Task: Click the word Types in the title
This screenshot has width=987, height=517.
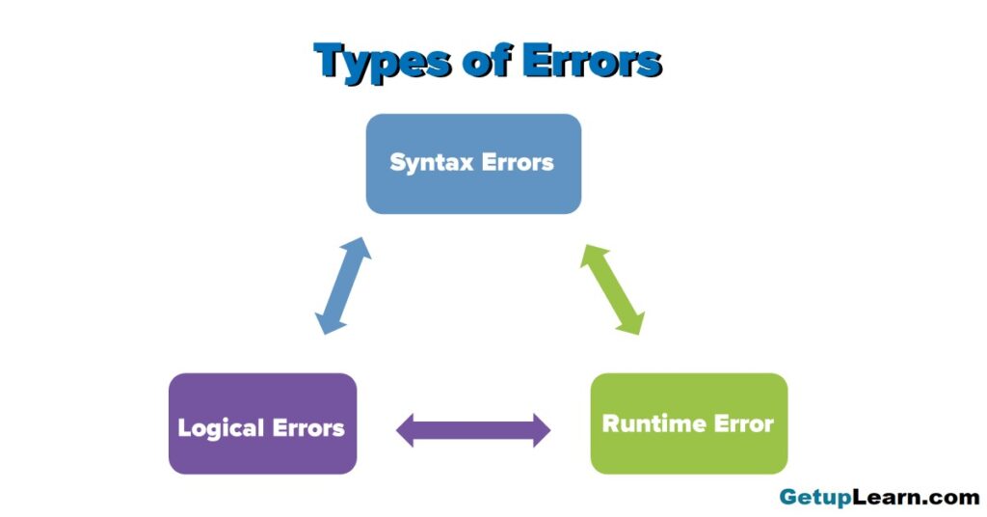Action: click(x=382, y=63)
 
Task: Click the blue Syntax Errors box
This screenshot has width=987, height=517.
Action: click(x=473, y=164)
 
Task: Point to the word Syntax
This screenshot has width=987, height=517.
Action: click(x=432, y=163)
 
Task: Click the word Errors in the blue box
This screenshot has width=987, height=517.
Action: click(x=518, y=162)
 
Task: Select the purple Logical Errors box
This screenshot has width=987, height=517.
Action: click(x=262, y=423)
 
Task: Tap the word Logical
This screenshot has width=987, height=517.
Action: click(x=221, y=429)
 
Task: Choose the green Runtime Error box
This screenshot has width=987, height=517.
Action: click(x=688, y=423)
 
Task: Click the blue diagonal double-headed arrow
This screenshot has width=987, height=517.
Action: click(x=343, y=286)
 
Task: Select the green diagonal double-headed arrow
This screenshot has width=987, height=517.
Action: click(x=612, y=289)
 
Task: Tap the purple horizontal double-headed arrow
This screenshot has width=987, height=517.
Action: click(x=473, y=430)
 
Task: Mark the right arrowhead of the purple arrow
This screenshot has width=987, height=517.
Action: click(x=542, y=430)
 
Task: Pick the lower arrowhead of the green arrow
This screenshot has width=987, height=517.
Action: click(x=631, y=322)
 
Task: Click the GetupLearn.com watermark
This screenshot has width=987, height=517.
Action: click(x=879, y=498)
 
